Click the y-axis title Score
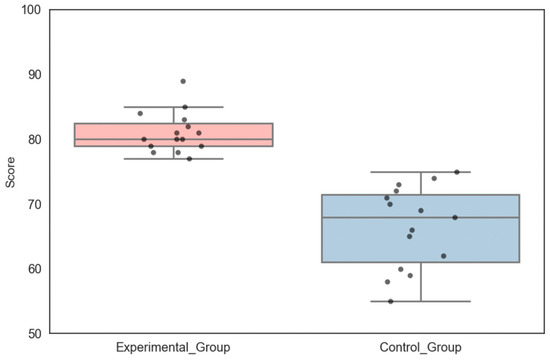click(10, 171)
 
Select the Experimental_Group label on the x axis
click(173, 347)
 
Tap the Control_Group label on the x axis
click(421, 347)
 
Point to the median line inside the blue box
click(490, 217)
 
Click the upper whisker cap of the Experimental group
click(173, 107)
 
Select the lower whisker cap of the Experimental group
click(173, 159)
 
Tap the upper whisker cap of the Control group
click(421, 172)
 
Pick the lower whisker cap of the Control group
click(421, 301)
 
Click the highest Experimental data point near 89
click(183, 81)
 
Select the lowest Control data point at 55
click(390, 301)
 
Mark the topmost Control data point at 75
click(457, 172)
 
